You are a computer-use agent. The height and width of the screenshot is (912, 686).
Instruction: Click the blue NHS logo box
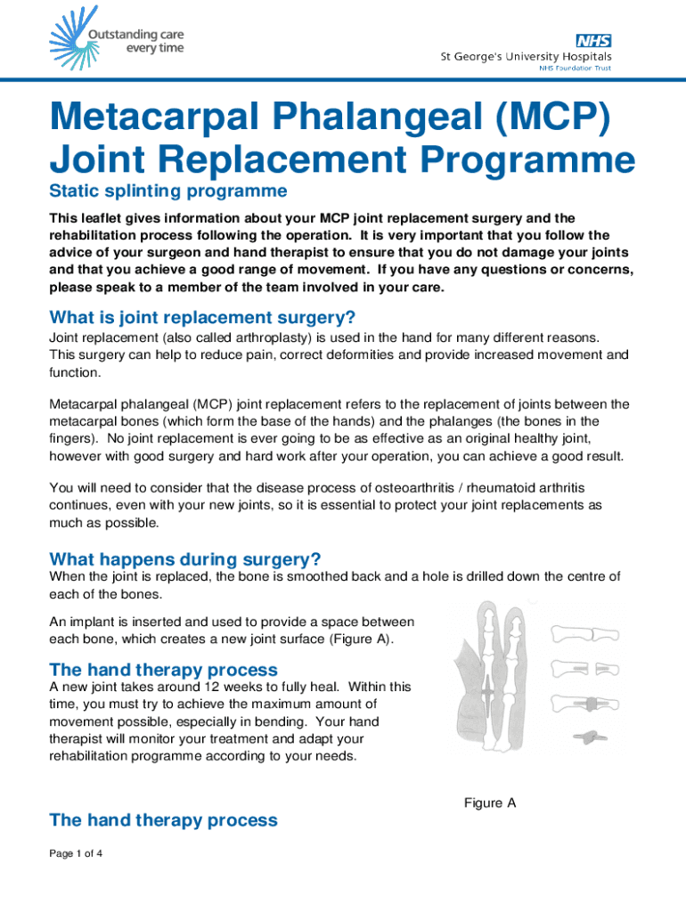tap(593, 41)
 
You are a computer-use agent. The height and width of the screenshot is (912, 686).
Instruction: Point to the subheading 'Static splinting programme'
tap(168, 191)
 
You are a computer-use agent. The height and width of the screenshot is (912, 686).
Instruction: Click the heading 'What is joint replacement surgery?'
tap(203, 318)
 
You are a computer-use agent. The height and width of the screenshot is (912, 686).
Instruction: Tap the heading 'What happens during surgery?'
tap(185, 559)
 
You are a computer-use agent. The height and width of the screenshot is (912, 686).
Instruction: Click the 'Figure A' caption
tap(490, 803)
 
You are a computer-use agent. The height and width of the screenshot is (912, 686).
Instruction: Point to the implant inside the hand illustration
tap(489, 687)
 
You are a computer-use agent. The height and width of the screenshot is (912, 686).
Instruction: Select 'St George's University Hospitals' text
tap(527, 57)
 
